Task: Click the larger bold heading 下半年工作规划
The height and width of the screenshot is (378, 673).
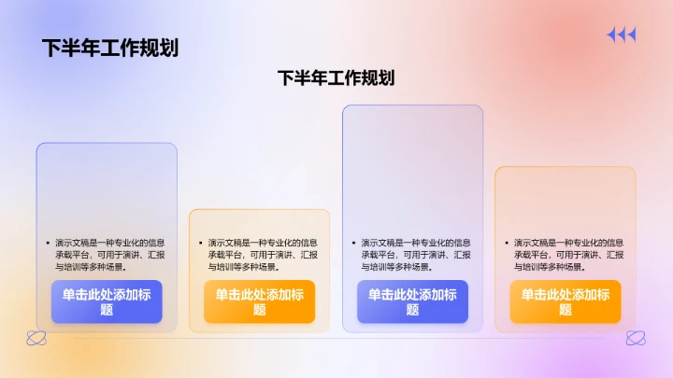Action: [x=110, y=48]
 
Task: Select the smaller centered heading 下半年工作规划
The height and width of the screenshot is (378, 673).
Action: [x=336, y=78]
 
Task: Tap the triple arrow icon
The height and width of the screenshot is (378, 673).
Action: [x=621, y=35]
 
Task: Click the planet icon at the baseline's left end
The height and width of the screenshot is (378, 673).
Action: [x=36, y=338]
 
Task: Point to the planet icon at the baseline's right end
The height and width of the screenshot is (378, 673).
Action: [x=636, y=338]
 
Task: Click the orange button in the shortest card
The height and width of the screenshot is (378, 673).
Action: [x=259, y=301]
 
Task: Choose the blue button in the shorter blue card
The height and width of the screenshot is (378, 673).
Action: [x=107, y=301]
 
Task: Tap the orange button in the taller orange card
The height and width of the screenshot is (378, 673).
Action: [x=565, y=301]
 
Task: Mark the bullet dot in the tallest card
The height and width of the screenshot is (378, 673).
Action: [x=352, y=243]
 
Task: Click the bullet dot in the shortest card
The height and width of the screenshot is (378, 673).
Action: [x=200, y=243]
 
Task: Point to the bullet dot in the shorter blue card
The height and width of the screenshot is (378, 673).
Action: [x=47, y=243]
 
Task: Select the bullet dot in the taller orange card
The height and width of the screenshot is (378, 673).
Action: [x=505, y=243]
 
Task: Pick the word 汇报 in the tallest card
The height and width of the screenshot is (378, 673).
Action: [x=462, y=255]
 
